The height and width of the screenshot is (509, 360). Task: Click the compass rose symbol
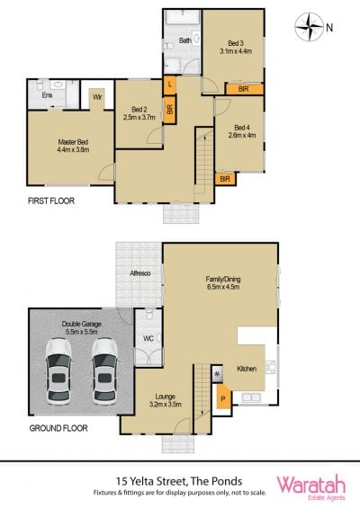point(310,27)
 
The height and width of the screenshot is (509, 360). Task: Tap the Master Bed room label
point(73,142)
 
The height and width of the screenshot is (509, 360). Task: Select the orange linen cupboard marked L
point(169,85)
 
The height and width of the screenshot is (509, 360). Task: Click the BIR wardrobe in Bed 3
point(244,89)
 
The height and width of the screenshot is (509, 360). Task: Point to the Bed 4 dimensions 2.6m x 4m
point(242,136)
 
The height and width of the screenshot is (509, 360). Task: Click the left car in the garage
point(58,371)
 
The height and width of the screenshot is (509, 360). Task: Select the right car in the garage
point(104,371)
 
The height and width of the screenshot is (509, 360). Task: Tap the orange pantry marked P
point(223,396)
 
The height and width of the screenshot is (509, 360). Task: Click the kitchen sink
point(251,397)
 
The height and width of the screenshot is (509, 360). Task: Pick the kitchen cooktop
point(271,367)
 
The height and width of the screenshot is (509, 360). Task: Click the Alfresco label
point(140,273)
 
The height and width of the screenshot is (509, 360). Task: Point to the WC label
point(148,338)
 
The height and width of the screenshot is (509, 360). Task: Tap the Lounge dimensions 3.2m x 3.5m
point(166,405)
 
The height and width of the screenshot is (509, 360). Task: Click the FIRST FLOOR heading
point(51,201)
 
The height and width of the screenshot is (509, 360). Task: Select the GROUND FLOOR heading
point(58,428)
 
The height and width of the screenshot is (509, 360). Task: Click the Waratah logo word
point(310,485)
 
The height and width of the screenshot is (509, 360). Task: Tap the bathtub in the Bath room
point(182,17)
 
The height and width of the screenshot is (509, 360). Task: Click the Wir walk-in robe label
point(97,97)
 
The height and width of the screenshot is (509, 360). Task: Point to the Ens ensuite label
point(47,95)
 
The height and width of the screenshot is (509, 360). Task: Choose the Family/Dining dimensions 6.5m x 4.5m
point(223,287)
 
